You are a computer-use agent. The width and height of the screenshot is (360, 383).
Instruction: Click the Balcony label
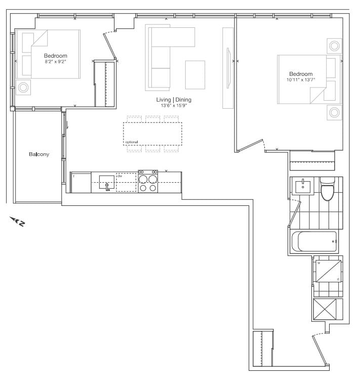39,154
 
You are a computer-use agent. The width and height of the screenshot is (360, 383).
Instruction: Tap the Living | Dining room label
174,100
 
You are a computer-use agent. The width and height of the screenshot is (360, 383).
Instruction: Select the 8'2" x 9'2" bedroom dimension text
56,62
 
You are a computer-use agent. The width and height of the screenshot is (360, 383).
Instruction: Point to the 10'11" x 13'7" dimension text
301,79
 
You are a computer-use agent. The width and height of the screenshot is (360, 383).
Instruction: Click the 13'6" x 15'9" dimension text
174,106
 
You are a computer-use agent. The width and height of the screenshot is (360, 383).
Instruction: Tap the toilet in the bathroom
328,189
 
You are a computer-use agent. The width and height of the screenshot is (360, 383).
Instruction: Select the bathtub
314,241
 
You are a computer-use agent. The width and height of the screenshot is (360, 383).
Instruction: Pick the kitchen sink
106,183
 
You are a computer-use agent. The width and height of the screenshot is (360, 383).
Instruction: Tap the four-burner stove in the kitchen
148,182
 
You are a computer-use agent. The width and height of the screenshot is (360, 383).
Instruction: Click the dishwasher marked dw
126,183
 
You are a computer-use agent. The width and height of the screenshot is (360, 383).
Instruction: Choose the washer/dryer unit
328,271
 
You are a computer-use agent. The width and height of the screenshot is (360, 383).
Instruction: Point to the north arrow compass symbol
17,221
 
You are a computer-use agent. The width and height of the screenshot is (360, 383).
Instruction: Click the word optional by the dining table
132,142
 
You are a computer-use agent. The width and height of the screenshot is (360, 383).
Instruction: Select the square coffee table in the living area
195,75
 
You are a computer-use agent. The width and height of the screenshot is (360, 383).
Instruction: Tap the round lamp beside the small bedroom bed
23,88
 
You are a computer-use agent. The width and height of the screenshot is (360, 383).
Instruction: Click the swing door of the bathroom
295,213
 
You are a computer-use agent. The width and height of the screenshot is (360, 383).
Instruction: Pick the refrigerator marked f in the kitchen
81,183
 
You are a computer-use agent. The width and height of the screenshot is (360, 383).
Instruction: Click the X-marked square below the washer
325,309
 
